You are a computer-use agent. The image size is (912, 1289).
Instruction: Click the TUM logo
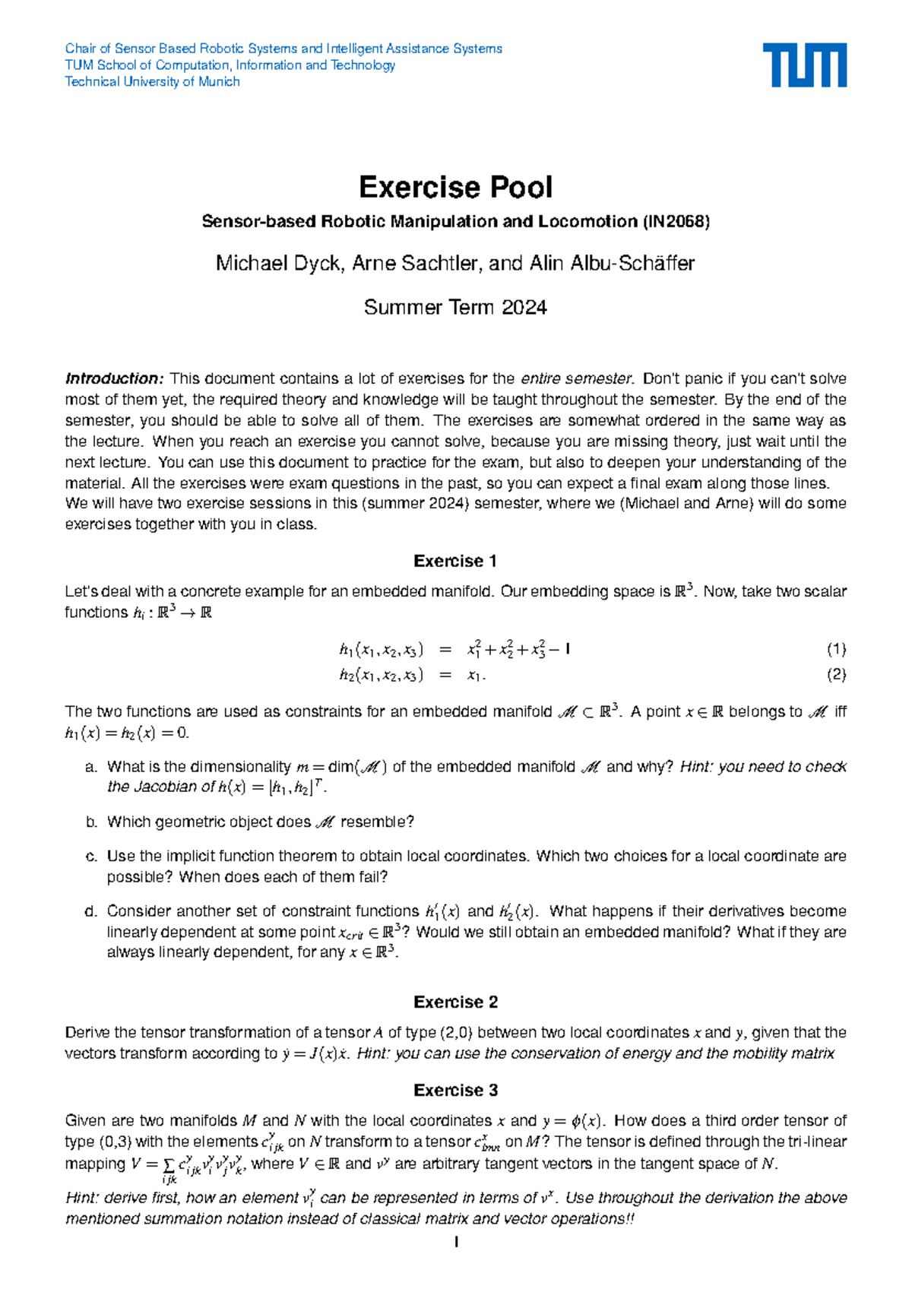coord(804,65)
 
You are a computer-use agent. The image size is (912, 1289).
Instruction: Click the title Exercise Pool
coord(455,187)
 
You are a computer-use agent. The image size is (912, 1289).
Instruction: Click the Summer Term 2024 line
coord(455,308)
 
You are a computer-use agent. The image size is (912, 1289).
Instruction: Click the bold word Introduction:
coord(114,378)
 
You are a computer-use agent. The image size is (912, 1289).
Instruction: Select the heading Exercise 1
coord(455,561)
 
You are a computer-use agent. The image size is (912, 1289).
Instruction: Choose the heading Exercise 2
coord(455,1002)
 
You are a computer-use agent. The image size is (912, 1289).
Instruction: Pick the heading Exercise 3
coord(455,1090)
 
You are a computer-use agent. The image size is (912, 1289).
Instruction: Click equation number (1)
coord(836,649)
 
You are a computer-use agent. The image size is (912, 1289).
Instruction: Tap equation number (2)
coord(836,674)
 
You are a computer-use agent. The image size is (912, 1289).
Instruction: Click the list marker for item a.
coord(91,767)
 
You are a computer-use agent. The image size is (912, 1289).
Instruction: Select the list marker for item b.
coord(91,822)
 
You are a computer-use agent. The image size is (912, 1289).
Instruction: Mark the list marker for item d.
coord(91,911)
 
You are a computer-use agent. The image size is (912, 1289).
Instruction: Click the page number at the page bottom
coord(455,1243)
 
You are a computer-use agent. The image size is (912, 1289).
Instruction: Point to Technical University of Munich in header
coord(152,82)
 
